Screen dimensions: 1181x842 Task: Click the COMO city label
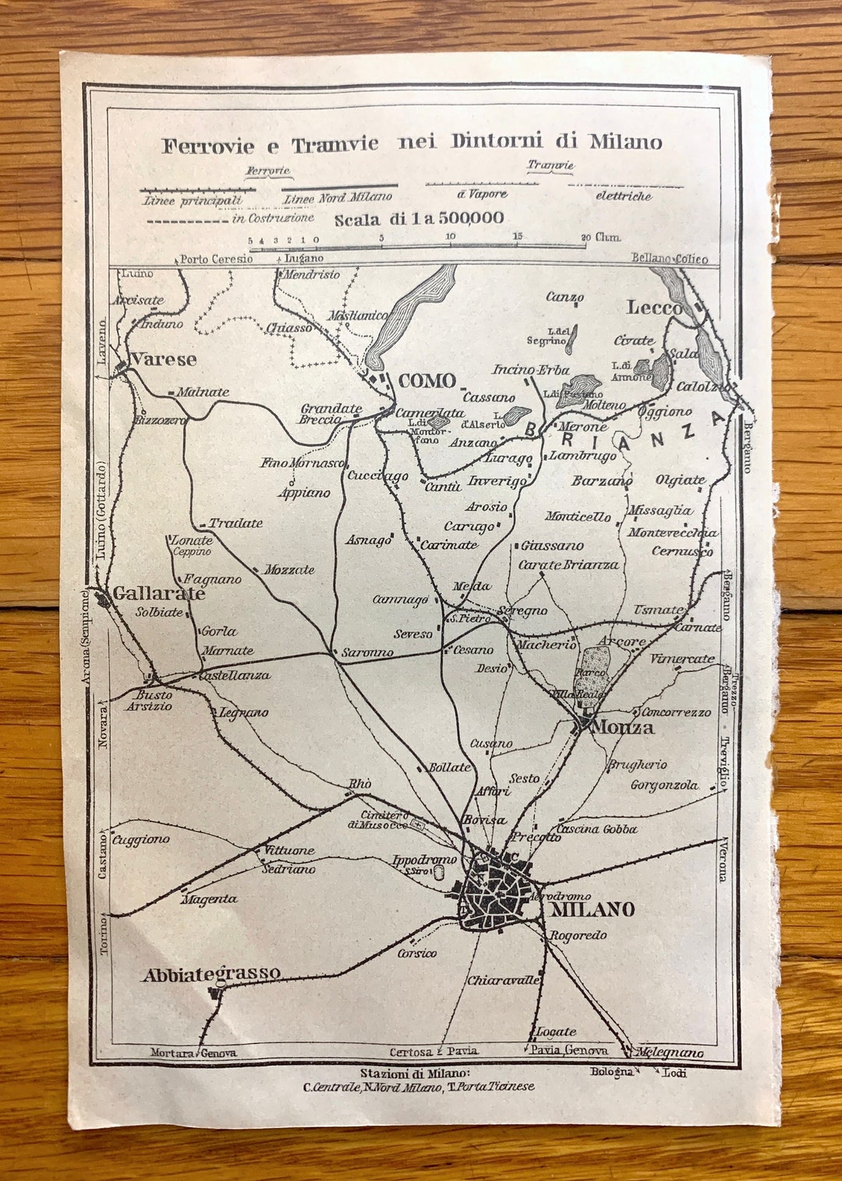click(427, 381)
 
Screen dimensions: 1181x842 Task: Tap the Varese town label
click(163, 359)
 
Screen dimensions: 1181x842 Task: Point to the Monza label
click(623, 727)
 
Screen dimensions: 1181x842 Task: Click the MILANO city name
click(593, 910)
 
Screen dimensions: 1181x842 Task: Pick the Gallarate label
click(159, 594)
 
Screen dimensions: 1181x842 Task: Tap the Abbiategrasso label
click(211, 974)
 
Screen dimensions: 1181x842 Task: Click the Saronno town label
click(367, 652)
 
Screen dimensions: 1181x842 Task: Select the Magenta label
click(209, 900)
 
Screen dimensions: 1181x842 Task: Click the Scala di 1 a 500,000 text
click(419, 219)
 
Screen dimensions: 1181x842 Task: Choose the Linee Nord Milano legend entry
click(338, 199)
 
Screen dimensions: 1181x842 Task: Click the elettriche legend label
click(623, 196)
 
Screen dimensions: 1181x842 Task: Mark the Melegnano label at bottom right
click(670, 1053)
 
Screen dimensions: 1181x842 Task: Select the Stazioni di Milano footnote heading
click(415, 1073)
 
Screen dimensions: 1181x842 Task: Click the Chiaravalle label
click(504, 981)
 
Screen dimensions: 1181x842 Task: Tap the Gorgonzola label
click(664, 785)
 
